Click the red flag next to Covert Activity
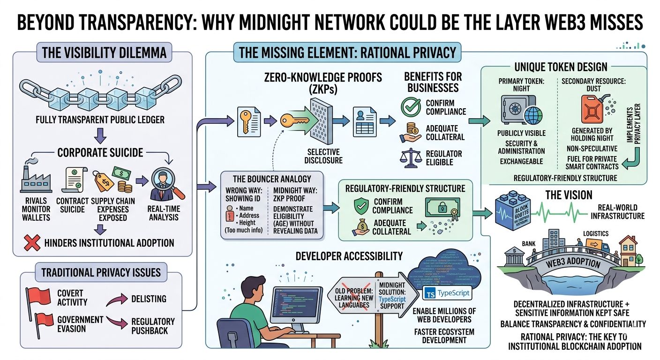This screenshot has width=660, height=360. click(x=40, y=296)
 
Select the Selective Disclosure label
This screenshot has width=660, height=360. click(x=325, y=156)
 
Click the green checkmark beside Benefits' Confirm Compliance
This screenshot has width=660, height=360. click(x=411, y=107)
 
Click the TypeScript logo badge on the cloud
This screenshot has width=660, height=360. click(x=447, y=294)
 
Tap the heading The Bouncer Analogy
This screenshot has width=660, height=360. click(x=272, y=179)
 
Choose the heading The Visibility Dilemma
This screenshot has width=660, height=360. click(x=104, y=52)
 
